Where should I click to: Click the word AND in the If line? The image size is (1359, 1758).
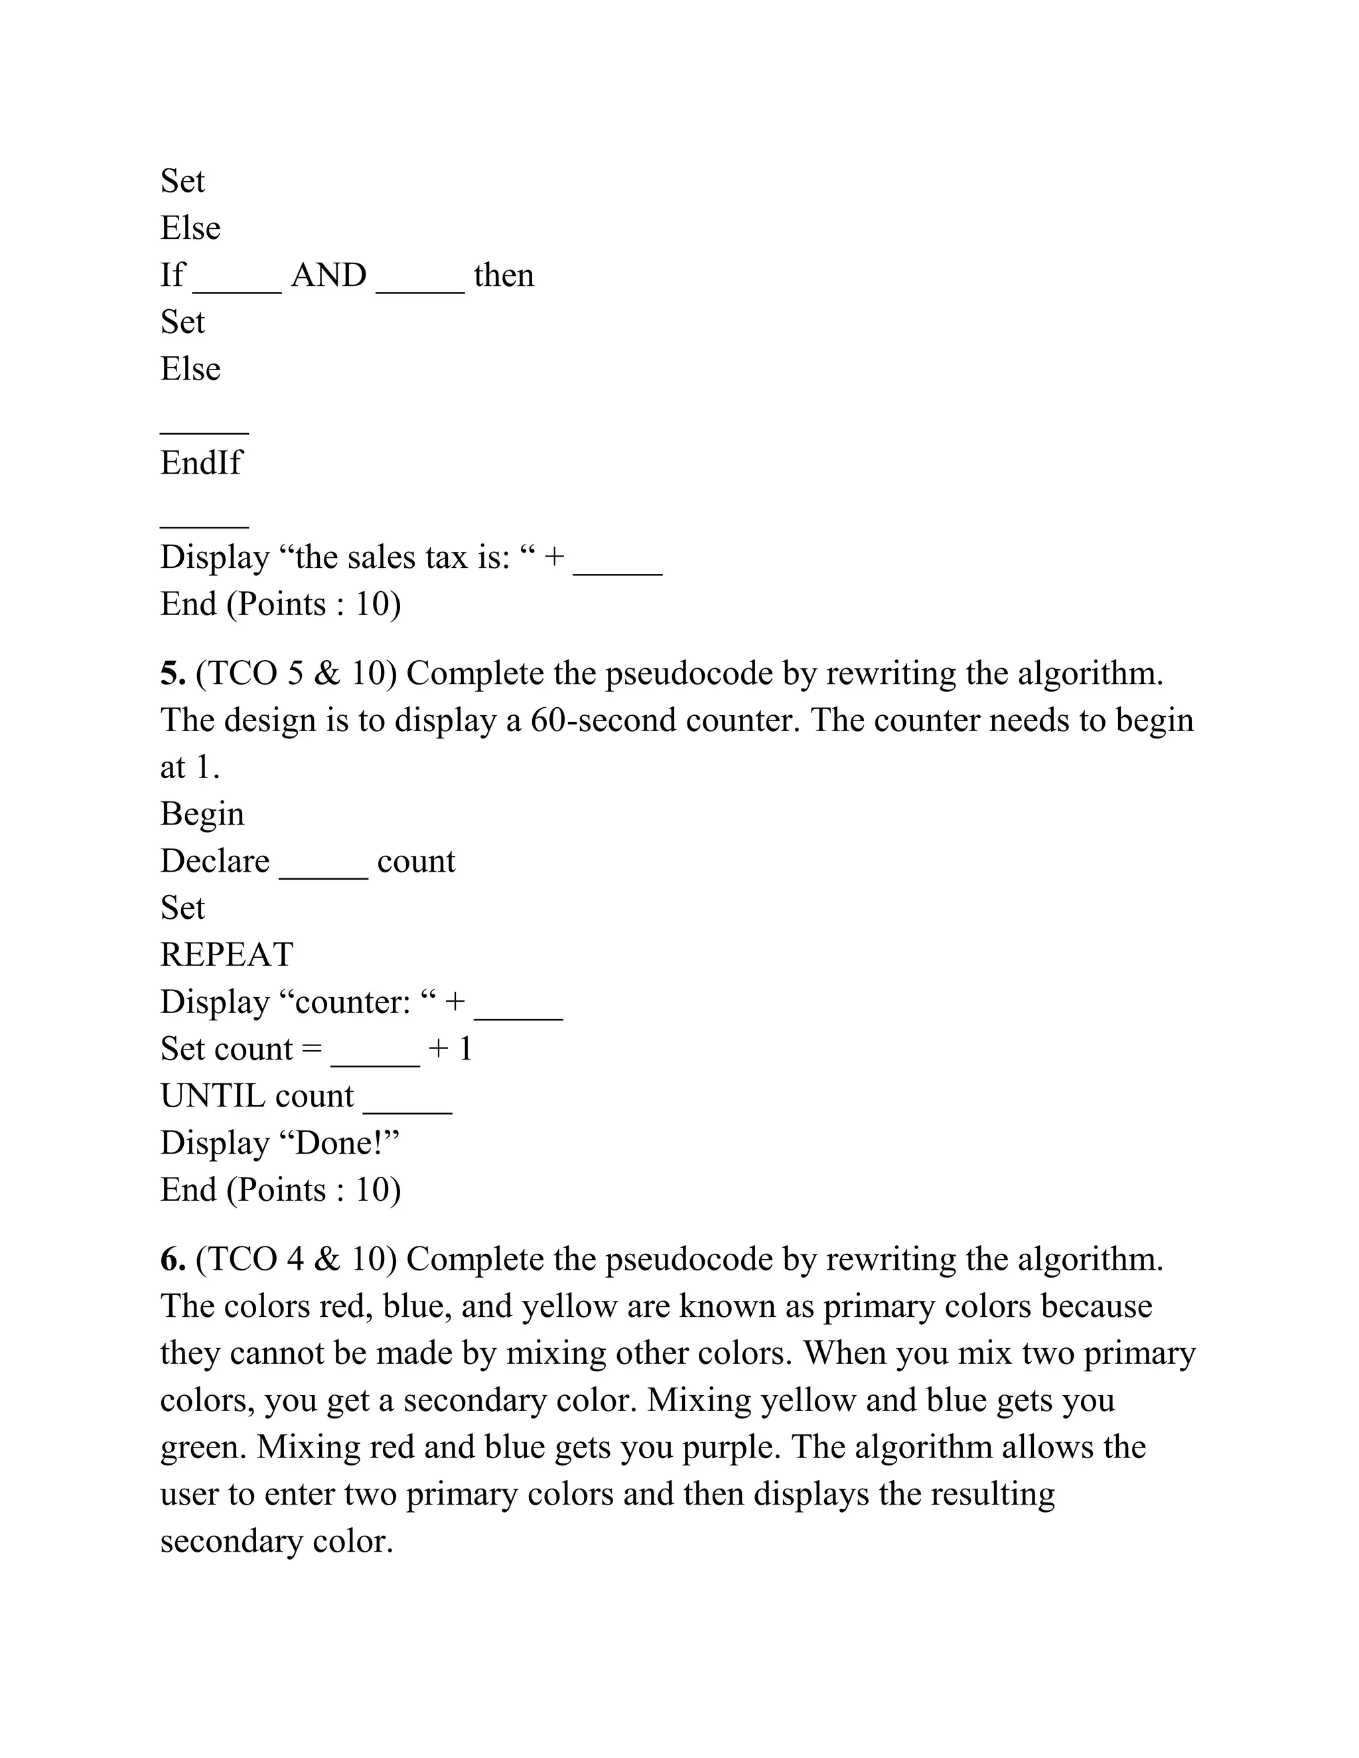pyautogui.click(x=328, y=275)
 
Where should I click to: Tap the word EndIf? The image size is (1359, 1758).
pyautogui.click(x=200, y=463)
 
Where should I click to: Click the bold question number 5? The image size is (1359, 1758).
pyautogui.click(x=173, y=673)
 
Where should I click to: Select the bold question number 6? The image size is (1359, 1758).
pyautogui.click(x=173, y=1259)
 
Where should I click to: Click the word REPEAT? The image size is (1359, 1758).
pyautogui.click(x=226, y=955)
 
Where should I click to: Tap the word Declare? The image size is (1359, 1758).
pyautogui.click(x=214, y=861)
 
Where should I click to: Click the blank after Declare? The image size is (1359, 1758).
pyautogui.click(x=323, y=871)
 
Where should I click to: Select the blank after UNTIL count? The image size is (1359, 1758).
pyautogui.click(x=407, y=1106)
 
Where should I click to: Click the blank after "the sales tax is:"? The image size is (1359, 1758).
pyautogui.click(x=618, y=567)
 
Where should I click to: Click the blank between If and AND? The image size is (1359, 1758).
pyautogui.click(x=237, y=285)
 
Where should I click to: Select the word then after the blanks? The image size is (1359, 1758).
pyautogui.click(x=503, y=275)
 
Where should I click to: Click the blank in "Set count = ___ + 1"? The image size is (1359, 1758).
pyautogui.click(x=375, y=1059)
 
